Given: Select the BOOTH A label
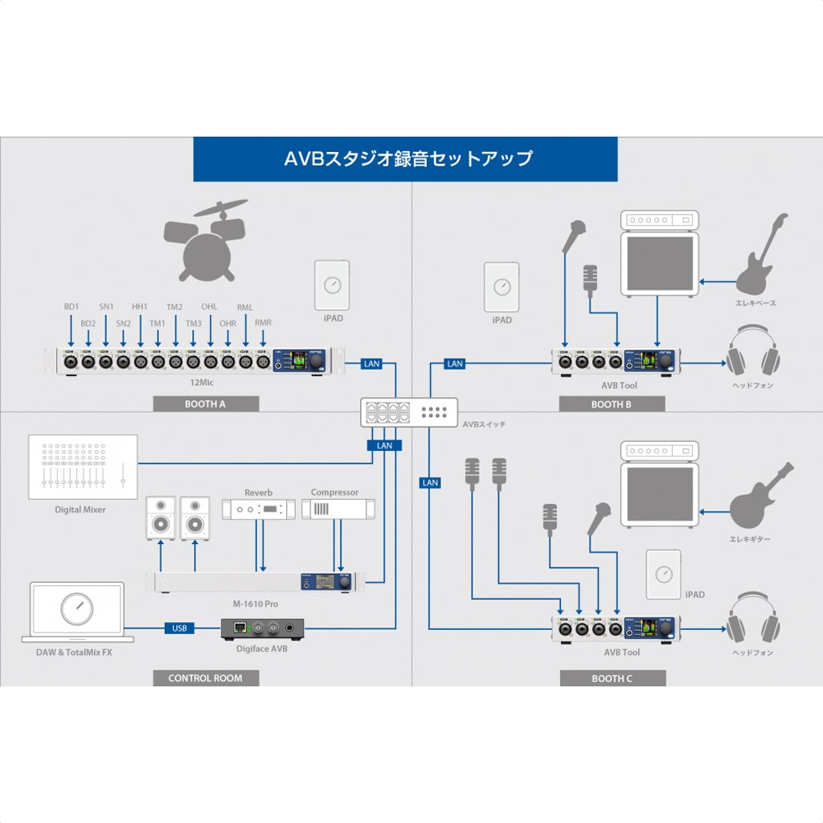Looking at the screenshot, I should (206, 404).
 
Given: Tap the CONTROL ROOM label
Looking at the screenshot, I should (205, 678).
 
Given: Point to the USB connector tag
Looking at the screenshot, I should (179, 628).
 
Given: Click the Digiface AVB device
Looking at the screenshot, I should (263, 628).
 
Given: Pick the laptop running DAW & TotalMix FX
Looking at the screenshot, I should (78, 612).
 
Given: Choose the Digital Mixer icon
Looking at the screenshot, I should (82, 467).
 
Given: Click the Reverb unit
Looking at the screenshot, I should (258, 509).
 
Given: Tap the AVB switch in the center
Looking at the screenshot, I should (408, 412).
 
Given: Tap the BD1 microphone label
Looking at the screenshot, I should (72, 307).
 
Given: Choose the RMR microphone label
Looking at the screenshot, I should (263, 323).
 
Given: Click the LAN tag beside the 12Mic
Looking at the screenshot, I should (371, 364).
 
